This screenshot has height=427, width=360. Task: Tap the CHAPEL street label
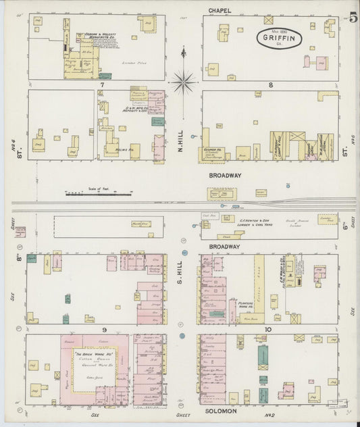pyautogui.click(x=219, y=9)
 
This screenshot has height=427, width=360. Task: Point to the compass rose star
pyautogui.click(x=183, y=82)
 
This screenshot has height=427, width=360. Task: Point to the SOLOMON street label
pyautogui.click(x=217, y=411)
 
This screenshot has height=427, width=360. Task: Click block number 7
pyautogui.click(x=101, y=85)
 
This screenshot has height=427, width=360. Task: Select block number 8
pyautogui.click(x=270, y=85)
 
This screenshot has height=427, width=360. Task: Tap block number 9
pyautogui.click(x=104, y=329)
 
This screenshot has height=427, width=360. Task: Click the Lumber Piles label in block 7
pyautogui.click(x=130, y=63)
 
